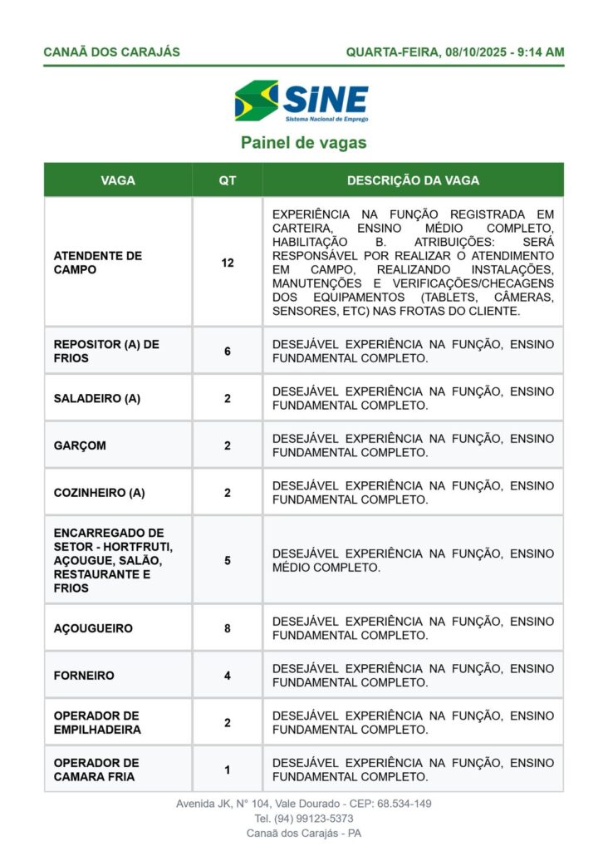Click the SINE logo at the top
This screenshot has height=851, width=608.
(302, 101)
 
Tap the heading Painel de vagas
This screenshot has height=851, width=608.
(303, 143)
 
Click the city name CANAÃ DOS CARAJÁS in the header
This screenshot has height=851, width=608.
(111, 52)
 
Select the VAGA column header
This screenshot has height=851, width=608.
(118, 180)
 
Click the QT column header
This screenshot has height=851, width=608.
(227, 180)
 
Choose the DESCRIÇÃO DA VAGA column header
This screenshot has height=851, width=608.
(413, 180)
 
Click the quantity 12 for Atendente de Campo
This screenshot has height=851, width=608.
(227, 263)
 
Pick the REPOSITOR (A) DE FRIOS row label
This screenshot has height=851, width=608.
(106, 351)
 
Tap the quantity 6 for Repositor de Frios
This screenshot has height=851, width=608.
(227, 351)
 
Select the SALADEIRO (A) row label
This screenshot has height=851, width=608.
(97, 398)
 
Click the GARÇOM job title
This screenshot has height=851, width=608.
(80, 445)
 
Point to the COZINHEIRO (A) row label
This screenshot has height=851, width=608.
(100, 492)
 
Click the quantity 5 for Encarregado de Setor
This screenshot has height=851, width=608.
(227, 560)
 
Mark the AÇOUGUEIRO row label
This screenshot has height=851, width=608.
(93, 628)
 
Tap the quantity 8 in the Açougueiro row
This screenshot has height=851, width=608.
(227, 628)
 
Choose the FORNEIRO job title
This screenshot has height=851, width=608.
(84, 676)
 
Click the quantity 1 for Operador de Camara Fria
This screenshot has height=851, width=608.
(227, 770)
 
